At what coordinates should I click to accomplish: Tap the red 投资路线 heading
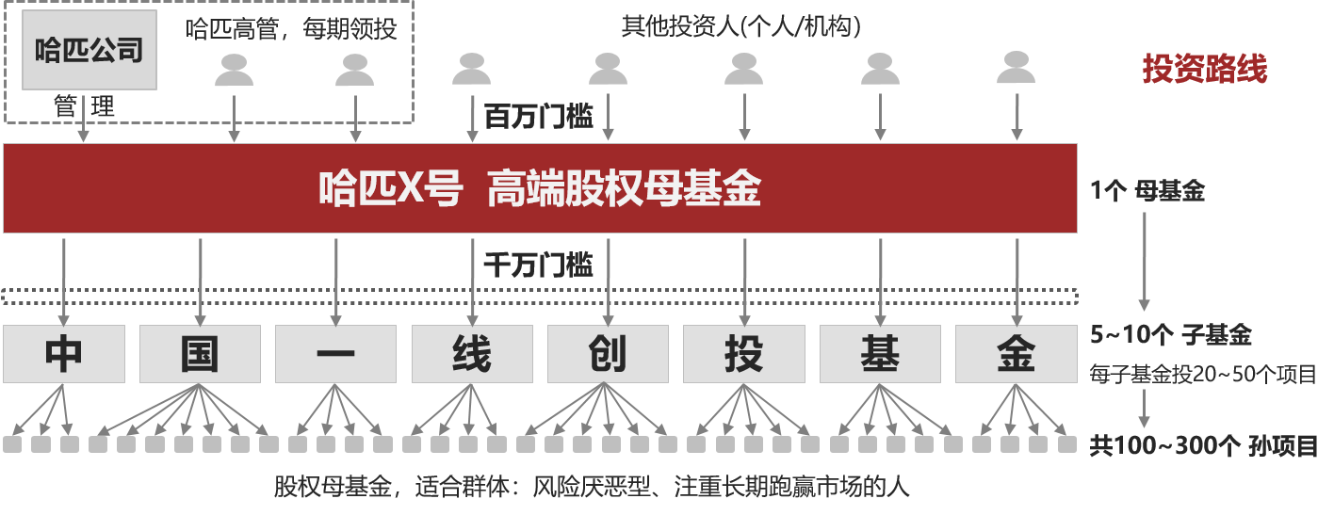(1205, 69)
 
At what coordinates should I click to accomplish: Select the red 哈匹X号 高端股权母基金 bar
(540, 188)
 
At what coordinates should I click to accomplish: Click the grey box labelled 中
(64, 354)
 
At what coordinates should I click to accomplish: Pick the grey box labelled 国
(200, 354)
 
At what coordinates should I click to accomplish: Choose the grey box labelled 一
(335, 354)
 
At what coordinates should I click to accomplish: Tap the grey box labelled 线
(471, 354)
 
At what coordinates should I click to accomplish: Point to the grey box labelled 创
(607, 354)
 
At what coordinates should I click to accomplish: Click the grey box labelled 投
(743, 354)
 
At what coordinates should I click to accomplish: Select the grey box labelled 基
(879, 354)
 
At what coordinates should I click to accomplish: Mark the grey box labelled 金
(1016, 354)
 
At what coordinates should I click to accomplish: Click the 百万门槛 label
(538, 117)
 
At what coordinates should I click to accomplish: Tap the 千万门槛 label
(538, 266)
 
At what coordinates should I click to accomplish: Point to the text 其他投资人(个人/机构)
(740, 26)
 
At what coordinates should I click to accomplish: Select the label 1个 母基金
(1147, 192)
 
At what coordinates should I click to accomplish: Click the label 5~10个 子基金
(1170, 335)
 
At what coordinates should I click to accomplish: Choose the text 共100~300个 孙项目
(1203, 445)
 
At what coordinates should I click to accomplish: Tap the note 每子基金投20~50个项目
(1202, 374)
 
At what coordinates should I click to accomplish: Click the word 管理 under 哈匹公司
(84, 107)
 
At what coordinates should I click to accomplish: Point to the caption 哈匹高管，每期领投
(291, 29)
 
